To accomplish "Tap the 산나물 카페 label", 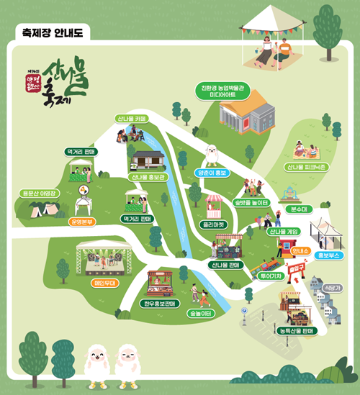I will (130, 118).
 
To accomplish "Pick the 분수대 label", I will (297, 209).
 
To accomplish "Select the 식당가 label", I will (333, 286).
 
